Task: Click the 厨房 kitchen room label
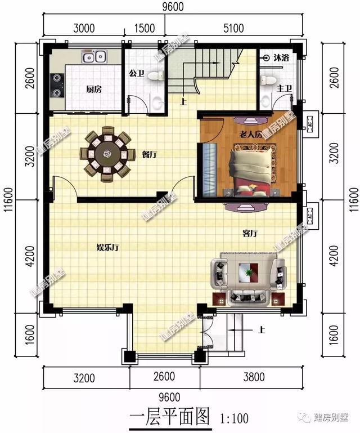tap(94, 89)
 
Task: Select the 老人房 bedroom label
tap(250, 135)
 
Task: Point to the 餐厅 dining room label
tap(149, 154)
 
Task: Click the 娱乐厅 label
tap(108, 247)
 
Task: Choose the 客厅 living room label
tap(250, 233)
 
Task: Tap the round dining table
tap(107, 154)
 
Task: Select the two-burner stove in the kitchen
tap(57, 86)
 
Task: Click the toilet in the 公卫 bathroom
tap(156, 75)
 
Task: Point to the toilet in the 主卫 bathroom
tap(268, 79)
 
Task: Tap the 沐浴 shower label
tap(281, 58)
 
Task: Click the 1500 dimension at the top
tap(145, 28)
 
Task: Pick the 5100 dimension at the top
tap(233, 28)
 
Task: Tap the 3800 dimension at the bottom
tap(254, 377)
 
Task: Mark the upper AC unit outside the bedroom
tap(310, 124)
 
